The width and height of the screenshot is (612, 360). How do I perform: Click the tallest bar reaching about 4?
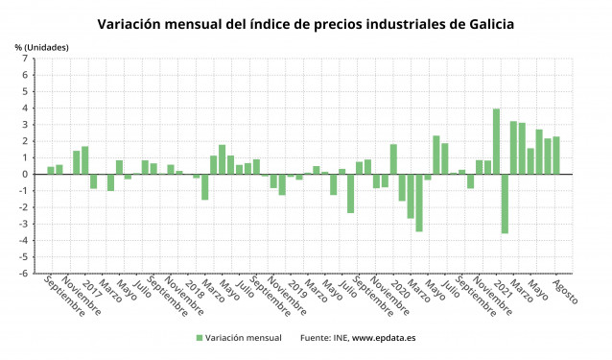pyautogui.click(x=496, y=141)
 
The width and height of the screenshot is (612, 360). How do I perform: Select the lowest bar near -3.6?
pyautogui.click(x=505, y=204)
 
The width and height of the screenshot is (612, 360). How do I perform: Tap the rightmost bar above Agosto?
pyautogui.click(x=556, y=156)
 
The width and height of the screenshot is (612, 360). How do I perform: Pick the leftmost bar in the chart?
pyautogui.click(x=51, y=170)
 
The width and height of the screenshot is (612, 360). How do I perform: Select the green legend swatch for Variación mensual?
pyautogui.click(x=200, y=338)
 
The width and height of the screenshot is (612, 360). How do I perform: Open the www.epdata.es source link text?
pyautogui.click(x=384, y=338)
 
